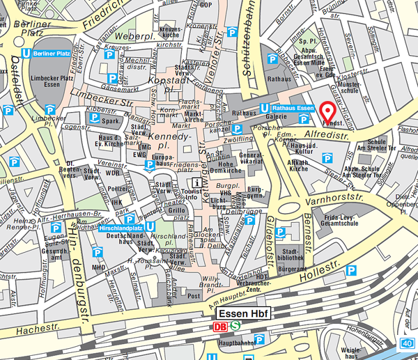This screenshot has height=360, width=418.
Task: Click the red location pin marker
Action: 327,111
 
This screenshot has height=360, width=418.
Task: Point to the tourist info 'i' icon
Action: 197,182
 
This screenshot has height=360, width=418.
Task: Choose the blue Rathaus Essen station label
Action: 288,107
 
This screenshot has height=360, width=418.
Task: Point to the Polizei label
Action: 117,188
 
